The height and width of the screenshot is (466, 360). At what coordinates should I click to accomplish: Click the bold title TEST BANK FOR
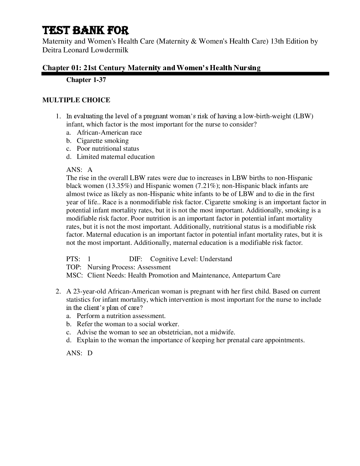85,31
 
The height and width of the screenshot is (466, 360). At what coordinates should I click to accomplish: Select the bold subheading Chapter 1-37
86,80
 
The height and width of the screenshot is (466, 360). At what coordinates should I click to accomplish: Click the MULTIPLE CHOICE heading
76,100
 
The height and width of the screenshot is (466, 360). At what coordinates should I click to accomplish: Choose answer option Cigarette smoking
103,141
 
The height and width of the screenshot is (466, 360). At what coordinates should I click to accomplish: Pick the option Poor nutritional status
108,149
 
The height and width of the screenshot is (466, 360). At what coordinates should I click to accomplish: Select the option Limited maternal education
116,157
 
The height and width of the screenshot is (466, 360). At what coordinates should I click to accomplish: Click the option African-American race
109,133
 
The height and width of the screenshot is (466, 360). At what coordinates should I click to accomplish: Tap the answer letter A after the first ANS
90,170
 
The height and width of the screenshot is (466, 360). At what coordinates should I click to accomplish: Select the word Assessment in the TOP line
154,267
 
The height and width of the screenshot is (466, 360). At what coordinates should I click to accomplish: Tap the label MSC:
74,275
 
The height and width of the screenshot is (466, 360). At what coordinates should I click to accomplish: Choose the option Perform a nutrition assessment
121,316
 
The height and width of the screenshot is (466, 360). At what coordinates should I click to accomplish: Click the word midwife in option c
224,332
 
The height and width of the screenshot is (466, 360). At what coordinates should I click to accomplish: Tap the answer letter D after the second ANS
90,353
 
